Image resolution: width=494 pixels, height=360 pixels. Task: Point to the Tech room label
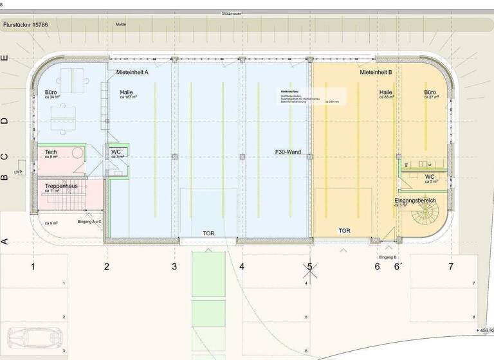pyautogui.click(x=51, y=152)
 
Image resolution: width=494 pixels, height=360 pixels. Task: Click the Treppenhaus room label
pyautogui.click(x=60, y=186)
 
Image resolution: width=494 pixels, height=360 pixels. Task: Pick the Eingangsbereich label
pyautogui.click(x=415, y=201)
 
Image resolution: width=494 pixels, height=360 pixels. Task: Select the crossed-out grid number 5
pyautogui.click(x=309, y=266)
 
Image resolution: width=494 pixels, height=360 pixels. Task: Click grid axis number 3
pyautogui.click(x=174, y=266)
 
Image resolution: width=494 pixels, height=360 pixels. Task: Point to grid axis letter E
pyautogui.click(x=5, y=58)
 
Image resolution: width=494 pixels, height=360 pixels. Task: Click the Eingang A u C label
pyautogui.click(x=89, y=221)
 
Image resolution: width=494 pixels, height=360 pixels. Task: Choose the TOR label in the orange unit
pyautogui.click(x=345, y=230)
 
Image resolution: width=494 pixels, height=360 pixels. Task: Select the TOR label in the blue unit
pyautogui.click(x=209, y=233)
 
